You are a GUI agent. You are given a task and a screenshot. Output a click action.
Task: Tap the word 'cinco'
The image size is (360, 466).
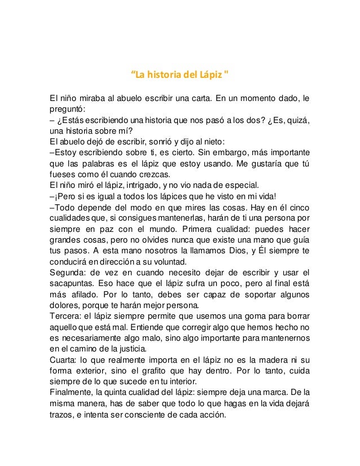(x=298, y=208)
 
